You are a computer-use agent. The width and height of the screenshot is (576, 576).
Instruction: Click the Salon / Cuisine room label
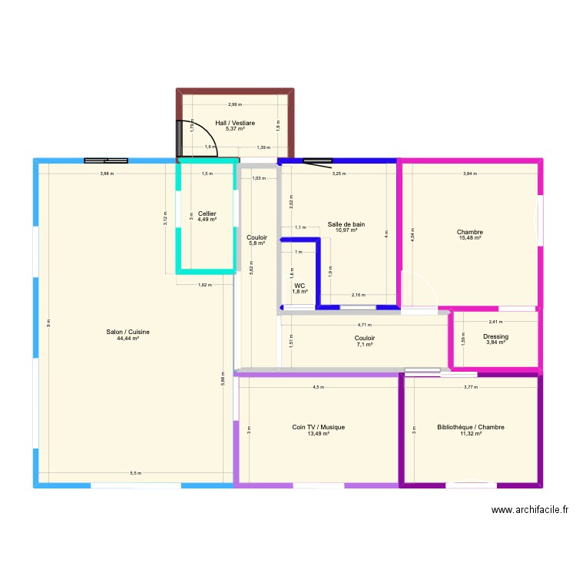128,332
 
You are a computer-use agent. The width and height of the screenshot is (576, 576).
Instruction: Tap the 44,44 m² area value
128,338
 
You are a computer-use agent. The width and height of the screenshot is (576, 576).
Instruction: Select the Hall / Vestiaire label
236,123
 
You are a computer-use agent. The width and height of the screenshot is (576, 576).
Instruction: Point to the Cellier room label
207,214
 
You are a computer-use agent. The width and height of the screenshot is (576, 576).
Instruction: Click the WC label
300,286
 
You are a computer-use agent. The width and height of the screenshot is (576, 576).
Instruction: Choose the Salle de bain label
346,224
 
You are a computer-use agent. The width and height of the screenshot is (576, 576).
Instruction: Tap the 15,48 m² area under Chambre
469,238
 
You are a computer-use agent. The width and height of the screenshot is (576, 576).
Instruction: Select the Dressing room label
495,336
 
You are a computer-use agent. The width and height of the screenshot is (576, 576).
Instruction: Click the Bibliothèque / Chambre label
470,427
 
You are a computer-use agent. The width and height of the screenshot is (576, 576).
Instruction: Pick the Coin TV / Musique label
318,427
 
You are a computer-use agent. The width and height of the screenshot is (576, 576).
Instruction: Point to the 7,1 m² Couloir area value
365,344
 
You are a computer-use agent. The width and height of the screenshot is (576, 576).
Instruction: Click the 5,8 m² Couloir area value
257,243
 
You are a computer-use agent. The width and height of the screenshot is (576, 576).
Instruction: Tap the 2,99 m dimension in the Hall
234,105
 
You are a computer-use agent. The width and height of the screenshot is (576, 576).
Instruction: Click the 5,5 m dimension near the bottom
135,472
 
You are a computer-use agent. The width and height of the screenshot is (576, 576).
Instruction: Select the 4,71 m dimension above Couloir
365,325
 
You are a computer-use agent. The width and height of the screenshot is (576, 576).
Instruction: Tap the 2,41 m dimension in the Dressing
495,323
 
